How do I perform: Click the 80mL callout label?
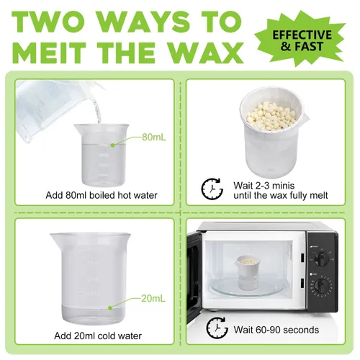tap(153, 138)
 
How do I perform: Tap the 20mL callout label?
tap(153, 299)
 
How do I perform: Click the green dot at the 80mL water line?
tap(112, 145)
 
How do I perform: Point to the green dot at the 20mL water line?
tap(110, 308)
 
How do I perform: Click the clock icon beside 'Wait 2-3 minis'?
tap(212, 189)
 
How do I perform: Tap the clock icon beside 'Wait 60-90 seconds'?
tap(217, 328)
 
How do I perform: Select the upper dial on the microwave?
tap(322, 258)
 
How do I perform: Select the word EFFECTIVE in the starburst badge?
tap(302, 35)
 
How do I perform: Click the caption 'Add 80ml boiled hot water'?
tap(102, 195)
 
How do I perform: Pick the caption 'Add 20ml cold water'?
tap(98, 336)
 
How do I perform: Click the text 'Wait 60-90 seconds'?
tap(276, 330)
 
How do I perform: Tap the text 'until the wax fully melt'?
tap(281, 196)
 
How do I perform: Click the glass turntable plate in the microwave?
tap(247, 287)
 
